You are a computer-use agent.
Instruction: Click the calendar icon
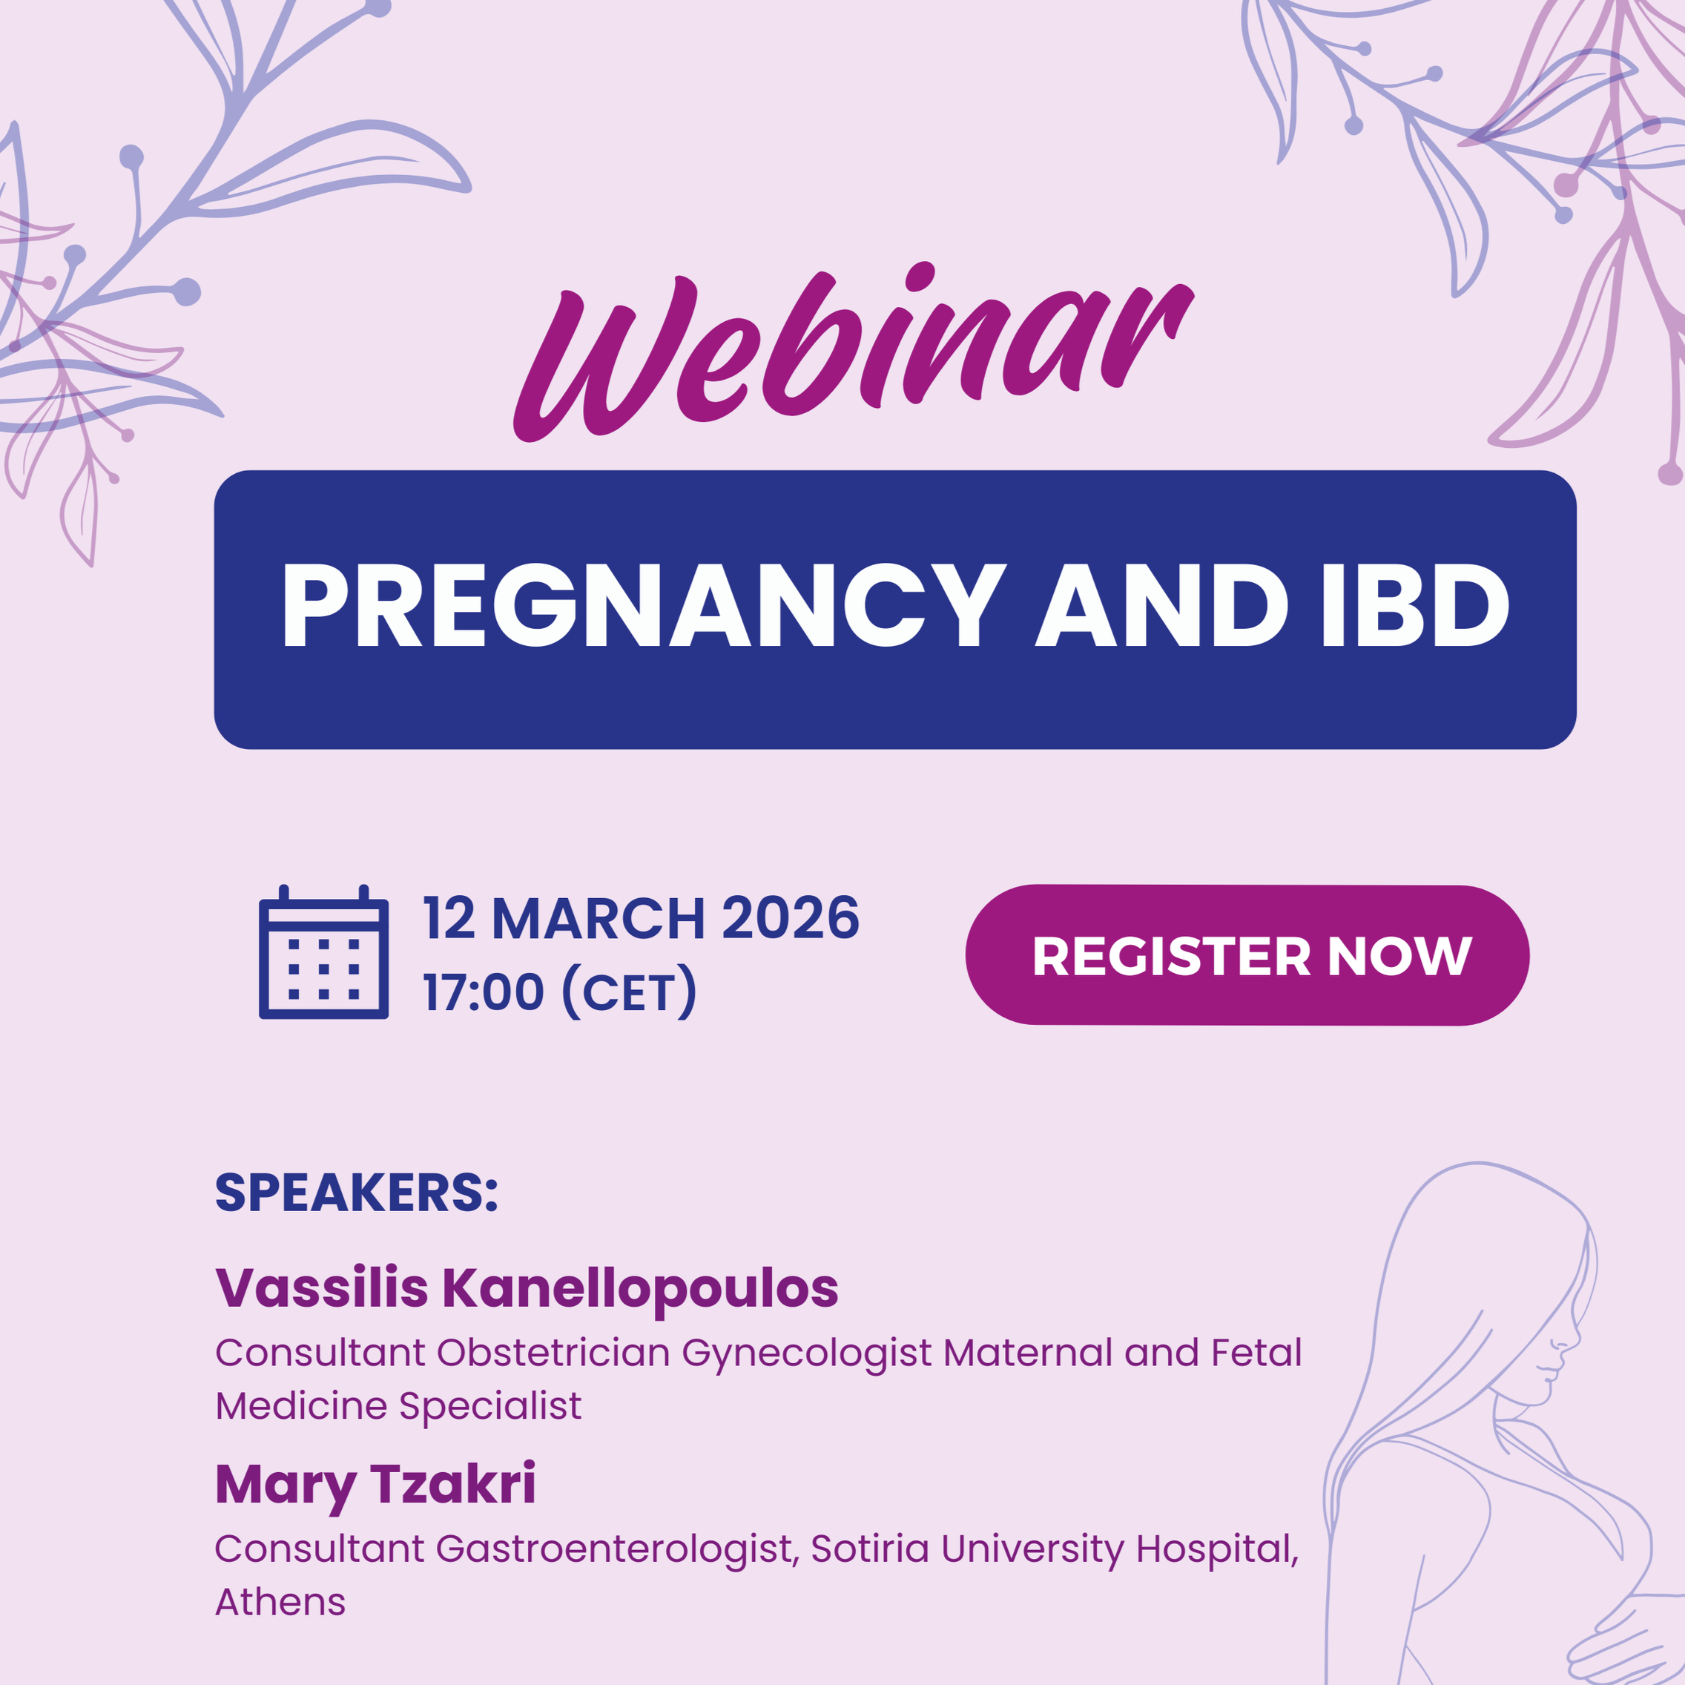(323, 952)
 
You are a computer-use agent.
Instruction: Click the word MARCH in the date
(599, 918)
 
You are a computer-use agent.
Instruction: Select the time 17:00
(484, 992)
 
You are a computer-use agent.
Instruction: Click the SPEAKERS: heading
(356, 1193)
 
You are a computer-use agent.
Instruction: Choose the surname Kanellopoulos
(640, 1288)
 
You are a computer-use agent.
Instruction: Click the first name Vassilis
(321, 1288)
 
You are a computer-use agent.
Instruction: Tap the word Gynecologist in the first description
(807, 1353)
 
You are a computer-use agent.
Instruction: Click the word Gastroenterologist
(615, 1549)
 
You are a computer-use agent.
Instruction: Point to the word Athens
(280, 1602)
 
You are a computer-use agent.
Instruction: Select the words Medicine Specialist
(398, 1406)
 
